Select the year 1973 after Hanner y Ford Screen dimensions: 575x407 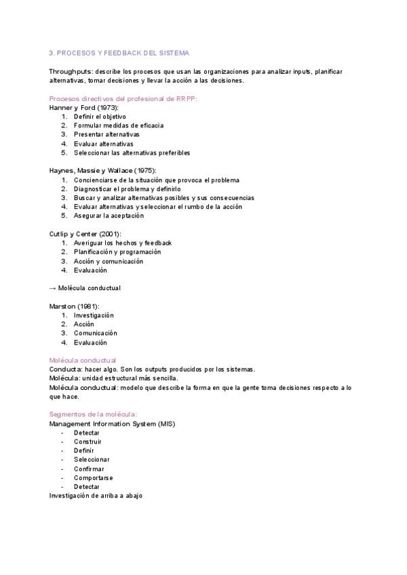pos(108,107)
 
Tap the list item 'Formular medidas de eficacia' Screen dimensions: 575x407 pos(119,125)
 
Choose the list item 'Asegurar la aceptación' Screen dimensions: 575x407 pos(109,216)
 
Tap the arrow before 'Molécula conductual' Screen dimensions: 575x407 pos(53,288)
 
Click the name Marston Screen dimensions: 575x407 pos(62,306)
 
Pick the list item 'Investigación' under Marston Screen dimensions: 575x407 pos(94,315)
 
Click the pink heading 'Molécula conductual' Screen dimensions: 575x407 pos(83,360)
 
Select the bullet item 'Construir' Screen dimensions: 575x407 pos(88,441)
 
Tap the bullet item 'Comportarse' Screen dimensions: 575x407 pos(93,477)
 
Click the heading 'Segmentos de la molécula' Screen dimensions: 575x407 pos(94,414)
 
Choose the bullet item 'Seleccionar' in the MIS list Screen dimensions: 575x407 pos(92,460)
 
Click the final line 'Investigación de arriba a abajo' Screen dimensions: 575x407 pos(96,496)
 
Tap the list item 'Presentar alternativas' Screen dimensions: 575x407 pos(106,134)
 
